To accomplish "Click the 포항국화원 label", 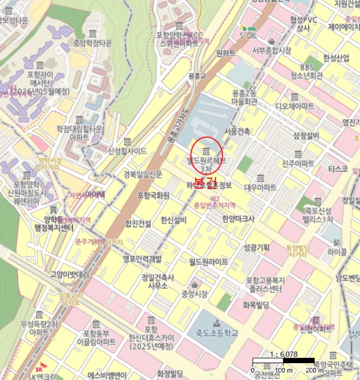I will click(153, 195).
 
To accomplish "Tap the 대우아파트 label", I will click(260, 187).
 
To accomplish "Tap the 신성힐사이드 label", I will click(127, 151).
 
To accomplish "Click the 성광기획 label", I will click(256, 248).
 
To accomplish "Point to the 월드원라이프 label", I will click(209, 262).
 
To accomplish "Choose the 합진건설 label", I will click(138, 223).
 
